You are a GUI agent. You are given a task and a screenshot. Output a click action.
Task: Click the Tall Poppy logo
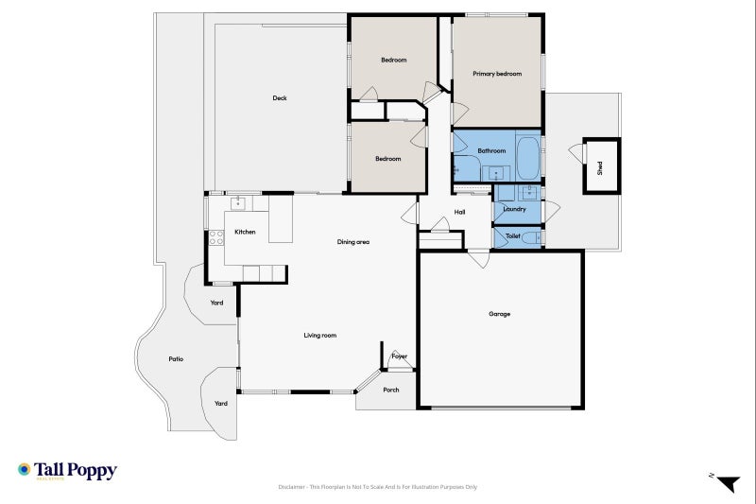(x=67, y=470)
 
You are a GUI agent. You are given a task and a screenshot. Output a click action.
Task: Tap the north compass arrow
(x=726, y=483)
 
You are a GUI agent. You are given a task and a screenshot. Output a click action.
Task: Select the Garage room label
(x=499, y=314)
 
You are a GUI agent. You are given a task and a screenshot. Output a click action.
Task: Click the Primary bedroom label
(x=497, y=74)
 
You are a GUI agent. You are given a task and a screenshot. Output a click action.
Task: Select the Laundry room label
(x=514, y=209)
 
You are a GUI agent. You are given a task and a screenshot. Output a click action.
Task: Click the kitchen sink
(x=238, y=202)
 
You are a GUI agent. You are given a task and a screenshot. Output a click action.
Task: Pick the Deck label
(x=280, y=98)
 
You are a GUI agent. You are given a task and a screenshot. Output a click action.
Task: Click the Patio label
(x=176, y=359)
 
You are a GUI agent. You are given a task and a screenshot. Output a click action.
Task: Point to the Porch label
(x=390, y=390)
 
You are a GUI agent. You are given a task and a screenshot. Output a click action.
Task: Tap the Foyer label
(x=399, y=356)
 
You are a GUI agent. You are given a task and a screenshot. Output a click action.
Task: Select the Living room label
(x=319, y=336)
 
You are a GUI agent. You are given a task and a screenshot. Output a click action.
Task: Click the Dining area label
(x=352, y=242)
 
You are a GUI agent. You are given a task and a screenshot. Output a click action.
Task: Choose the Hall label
(x=459, y=212)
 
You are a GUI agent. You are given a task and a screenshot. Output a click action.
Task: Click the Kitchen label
(x=245, y=232)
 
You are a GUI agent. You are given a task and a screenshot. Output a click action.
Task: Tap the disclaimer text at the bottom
(x=378, y=487)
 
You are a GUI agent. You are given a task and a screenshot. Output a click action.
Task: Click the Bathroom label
(x=491, y=150)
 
